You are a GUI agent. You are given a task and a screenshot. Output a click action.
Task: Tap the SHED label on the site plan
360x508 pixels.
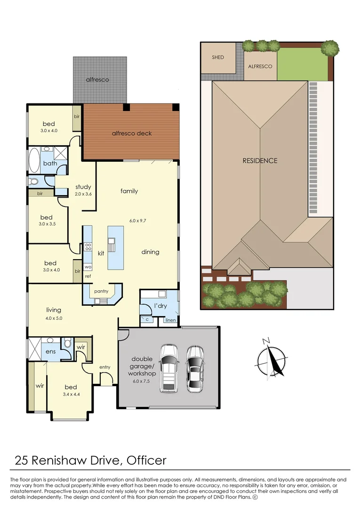[x=218, y=57]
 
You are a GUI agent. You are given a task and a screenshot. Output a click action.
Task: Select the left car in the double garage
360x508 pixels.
[x=169, y=368]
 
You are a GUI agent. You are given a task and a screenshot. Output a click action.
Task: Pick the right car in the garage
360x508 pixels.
[x=195, y=369]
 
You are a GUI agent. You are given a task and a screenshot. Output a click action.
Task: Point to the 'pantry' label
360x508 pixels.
[x=101, y=291]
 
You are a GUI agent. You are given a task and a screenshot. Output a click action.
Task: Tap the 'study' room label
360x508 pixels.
[x=83, y=187]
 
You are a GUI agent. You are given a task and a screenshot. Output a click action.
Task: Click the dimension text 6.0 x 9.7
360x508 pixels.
[x=138, y=221]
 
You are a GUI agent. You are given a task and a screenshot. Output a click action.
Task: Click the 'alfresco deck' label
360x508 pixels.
[x=132, y=133]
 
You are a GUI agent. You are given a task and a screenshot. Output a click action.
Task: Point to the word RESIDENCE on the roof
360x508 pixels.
[x=260, y=161]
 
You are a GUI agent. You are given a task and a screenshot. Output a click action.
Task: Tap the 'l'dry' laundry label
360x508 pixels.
[x=160, y=306]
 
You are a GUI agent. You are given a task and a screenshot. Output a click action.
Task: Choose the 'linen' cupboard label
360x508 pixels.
[x=170, y=320]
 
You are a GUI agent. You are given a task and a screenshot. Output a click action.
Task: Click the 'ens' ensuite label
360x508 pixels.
[x=50, y=351]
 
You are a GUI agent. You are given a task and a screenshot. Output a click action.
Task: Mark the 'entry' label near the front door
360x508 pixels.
[x=104, y=367]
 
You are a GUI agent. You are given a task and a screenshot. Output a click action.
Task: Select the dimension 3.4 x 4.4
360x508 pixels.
[x=71, y=394]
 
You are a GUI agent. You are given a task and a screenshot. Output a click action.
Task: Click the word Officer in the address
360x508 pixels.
[x=146, y=460]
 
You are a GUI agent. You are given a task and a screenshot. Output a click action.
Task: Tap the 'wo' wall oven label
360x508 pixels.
[x=88, y=267]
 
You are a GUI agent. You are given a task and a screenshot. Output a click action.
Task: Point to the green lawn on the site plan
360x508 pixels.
[x=302, y=64]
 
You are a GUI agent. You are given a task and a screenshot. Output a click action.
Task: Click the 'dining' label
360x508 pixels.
[x=150, y=252]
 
